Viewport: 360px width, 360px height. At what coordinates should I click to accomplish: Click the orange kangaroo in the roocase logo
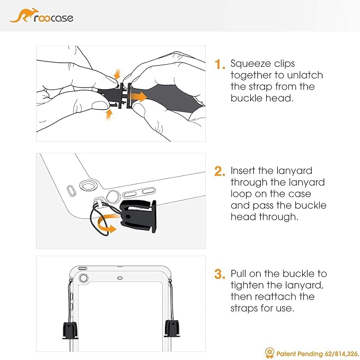22,15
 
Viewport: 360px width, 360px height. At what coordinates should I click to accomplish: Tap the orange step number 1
219,64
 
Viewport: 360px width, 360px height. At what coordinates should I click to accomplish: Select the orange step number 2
219,171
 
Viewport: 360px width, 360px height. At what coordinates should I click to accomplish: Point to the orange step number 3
219,274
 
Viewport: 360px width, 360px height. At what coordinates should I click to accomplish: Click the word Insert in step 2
243,171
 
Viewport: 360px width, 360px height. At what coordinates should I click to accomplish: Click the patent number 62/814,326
341,354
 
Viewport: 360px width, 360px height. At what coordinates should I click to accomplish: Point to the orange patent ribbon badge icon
269,353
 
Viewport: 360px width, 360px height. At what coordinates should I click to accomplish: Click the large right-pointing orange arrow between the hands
137,96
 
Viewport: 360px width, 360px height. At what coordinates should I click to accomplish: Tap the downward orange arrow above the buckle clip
117,74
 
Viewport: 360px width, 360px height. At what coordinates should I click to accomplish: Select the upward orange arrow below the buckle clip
109,115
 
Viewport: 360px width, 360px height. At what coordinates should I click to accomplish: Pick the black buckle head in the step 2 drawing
138,216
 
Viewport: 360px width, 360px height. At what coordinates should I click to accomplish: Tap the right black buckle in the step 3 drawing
172,328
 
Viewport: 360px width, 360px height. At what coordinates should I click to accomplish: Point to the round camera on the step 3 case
83,278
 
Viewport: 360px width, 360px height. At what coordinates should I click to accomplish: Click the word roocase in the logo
54,19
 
